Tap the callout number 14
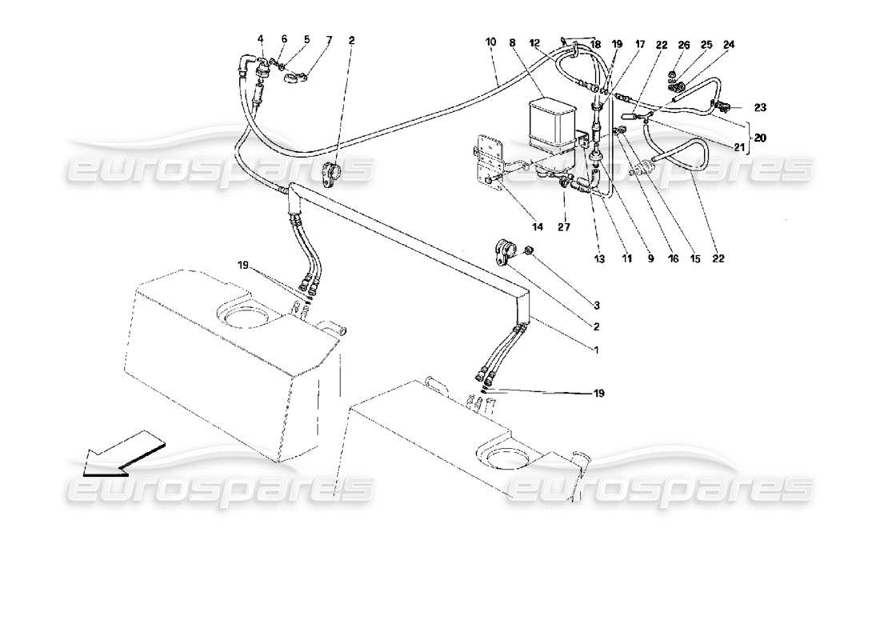(537, 227)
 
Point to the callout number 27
(566, 227)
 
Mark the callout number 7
(306, 39)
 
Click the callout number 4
(260, 39)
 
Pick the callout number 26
(683, 45)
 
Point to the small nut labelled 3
(529, 254)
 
